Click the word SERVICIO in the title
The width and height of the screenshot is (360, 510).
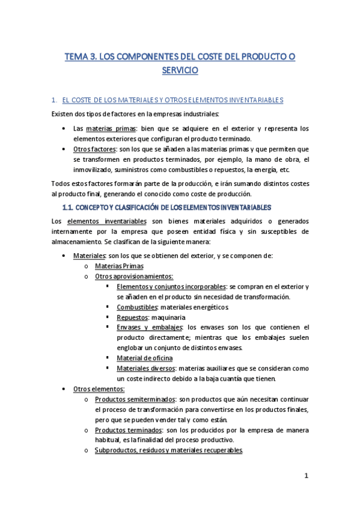[x=180, y=70]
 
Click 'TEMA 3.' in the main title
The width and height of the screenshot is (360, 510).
[x=81, y=57]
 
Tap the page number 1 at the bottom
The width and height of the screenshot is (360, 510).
[x=306, y=476]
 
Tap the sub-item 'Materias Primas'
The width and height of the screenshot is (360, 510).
[x=119, y=266]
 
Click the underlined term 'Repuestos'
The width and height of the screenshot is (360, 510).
[x=133, y=317]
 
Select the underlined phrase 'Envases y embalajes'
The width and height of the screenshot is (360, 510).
[x=150, y=327]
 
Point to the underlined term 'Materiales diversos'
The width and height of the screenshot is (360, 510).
[x=146, y=369]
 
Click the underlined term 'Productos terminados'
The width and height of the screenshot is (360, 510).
[x=128, y=431]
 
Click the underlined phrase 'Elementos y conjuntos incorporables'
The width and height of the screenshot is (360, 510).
[x=171, y=286]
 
